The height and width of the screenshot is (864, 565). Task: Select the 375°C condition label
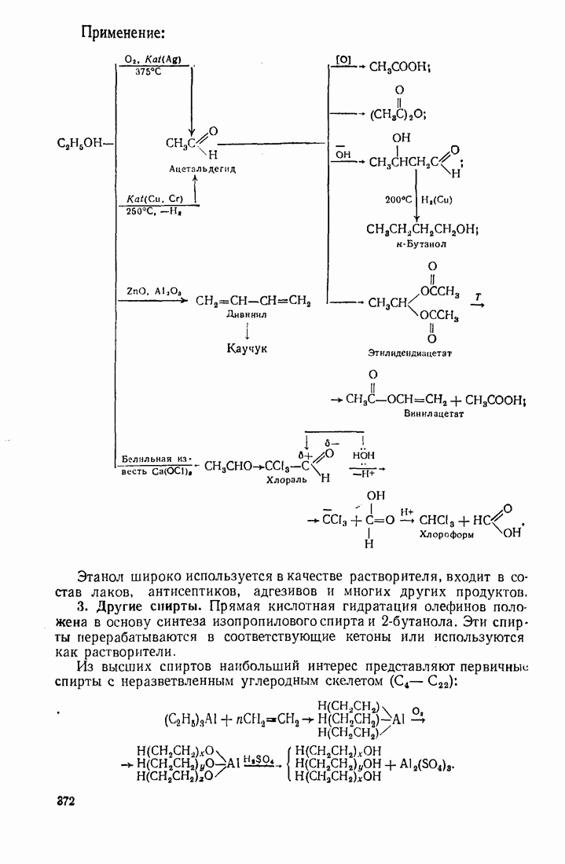point(148,71)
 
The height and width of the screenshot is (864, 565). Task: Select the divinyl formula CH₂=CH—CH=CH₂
point(253,301)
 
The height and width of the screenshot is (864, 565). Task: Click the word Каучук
point(248,347)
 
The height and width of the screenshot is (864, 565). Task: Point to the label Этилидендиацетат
point(409,353)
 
